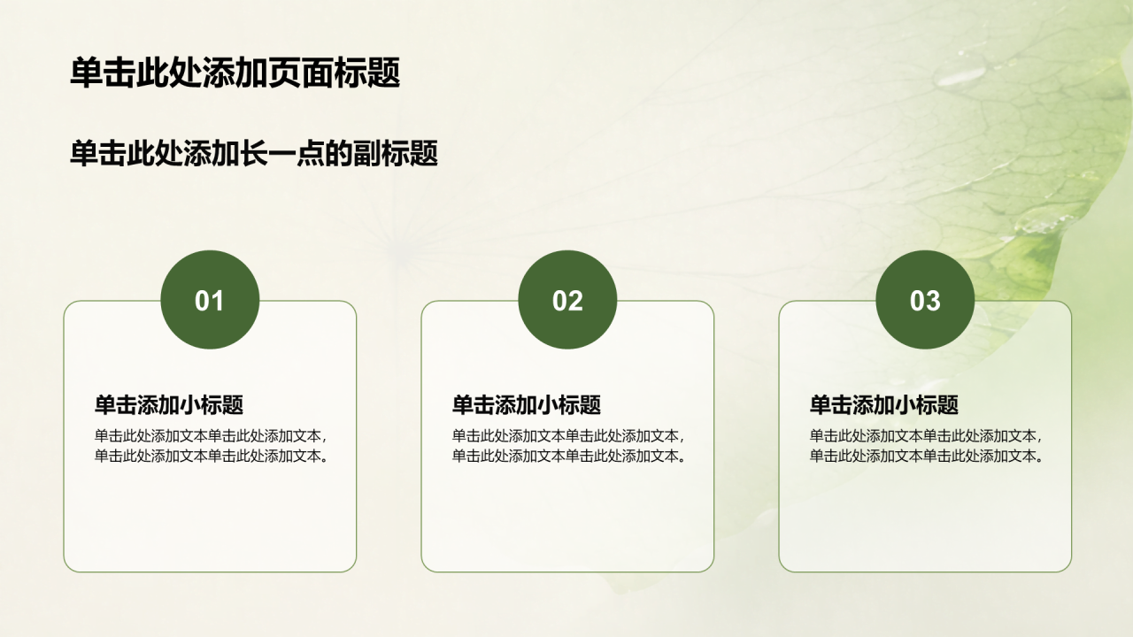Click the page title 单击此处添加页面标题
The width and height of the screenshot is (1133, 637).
pos(235,73)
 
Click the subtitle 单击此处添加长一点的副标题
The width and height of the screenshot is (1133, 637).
pos(254,153)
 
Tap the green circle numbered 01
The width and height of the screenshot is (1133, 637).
pos(210,300)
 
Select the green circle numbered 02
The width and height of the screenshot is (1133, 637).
pos(567,300)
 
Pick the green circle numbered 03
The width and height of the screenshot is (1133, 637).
pos(925,300)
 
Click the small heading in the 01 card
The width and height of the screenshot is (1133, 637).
pos(169,405)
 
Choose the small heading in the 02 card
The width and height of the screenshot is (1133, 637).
pos(527,405)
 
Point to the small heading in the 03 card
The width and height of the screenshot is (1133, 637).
pos(884,405)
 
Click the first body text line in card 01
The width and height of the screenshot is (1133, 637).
pos(212,436)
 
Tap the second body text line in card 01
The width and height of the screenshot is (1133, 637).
pos(212,456)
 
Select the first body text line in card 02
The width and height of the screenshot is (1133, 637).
pos(569,436)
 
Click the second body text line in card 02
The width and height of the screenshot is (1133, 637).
pos(570,456)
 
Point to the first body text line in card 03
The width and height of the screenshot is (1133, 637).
pos(927,436)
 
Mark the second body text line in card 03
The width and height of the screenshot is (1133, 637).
pos(928,456)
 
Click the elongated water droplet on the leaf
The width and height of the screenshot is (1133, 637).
pos(961,76)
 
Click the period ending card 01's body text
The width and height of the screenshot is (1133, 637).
pos(325,459)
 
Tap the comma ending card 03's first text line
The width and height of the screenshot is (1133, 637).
pos(1039,440)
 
